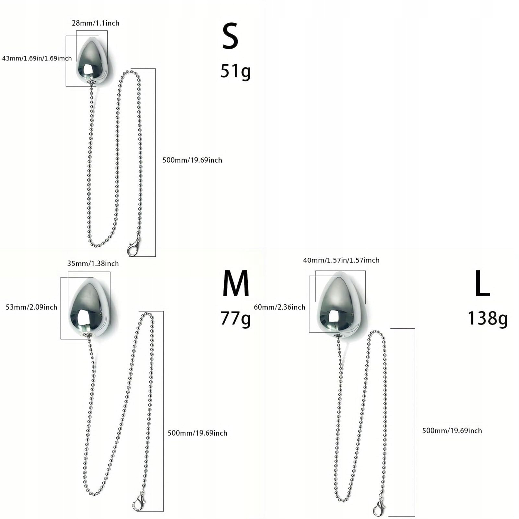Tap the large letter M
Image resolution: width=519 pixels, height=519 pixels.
click(x=236, y=284)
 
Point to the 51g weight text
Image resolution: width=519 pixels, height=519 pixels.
click(x=236, y=71)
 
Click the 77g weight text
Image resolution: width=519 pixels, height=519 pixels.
click(x=236, y=318)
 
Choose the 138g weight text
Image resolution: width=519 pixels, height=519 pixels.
click(x=488, y=318)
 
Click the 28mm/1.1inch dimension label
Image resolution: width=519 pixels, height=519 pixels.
click(x=96, y=23)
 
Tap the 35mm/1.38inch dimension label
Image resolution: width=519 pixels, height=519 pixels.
click(x=93, y=264)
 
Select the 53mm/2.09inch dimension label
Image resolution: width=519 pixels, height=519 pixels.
click(x=31, y=307)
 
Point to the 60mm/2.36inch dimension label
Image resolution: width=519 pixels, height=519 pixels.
click(x=279, y=307)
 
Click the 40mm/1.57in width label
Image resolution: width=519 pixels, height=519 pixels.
click(x=341, y=260)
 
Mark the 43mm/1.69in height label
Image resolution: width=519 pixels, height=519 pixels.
click(x=37, y=58)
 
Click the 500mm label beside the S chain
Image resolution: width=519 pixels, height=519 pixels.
click(x=192, y=160)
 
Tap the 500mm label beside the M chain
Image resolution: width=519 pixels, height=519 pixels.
click(x=197, y=433)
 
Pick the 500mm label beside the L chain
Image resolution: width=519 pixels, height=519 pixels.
click(x=452, y=431)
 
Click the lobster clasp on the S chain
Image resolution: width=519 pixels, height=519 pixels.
click(x=133, y=248)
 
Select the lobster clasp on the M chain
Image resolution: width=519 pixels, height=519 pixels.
click(x=139, y=502)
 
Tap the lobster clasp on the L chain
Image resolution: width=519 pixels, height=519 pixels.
click(x=379, y=507)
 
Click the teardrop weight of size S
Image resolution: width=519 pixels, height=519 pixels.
click(x=92, y=59)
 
